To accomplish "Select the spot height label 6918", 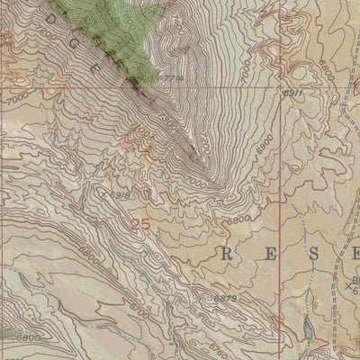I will (119, 193).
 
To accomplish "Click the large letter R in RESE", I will (226, 255).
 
